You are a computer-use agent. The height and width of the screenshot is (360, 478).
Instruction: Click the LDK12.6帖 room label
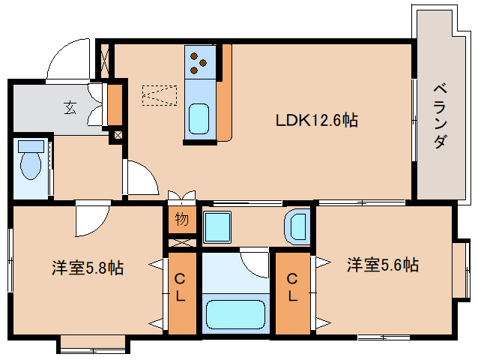point(315,120)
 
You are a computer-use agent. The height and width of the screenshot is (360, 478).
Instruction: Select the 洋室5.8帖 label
point(88,267)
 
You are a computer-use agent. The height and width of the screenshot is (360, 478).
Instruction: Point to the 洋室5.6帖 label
point(382,265)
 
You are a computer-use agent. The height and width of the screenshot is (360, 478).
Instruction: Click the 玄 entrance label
point(69,108)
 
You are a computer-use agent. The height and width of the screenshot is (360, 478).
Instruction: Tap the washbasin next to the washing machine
point(297,225)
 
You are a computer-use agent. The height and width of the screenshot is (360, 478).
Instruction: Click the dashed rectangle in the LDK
point(160,95)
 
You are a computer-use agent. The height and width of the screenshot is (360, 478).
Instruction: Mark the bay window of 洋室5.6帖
point(463,266)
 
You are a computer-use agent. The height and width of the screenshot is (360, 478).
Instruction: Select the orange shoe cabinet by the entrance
point(115,105)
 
